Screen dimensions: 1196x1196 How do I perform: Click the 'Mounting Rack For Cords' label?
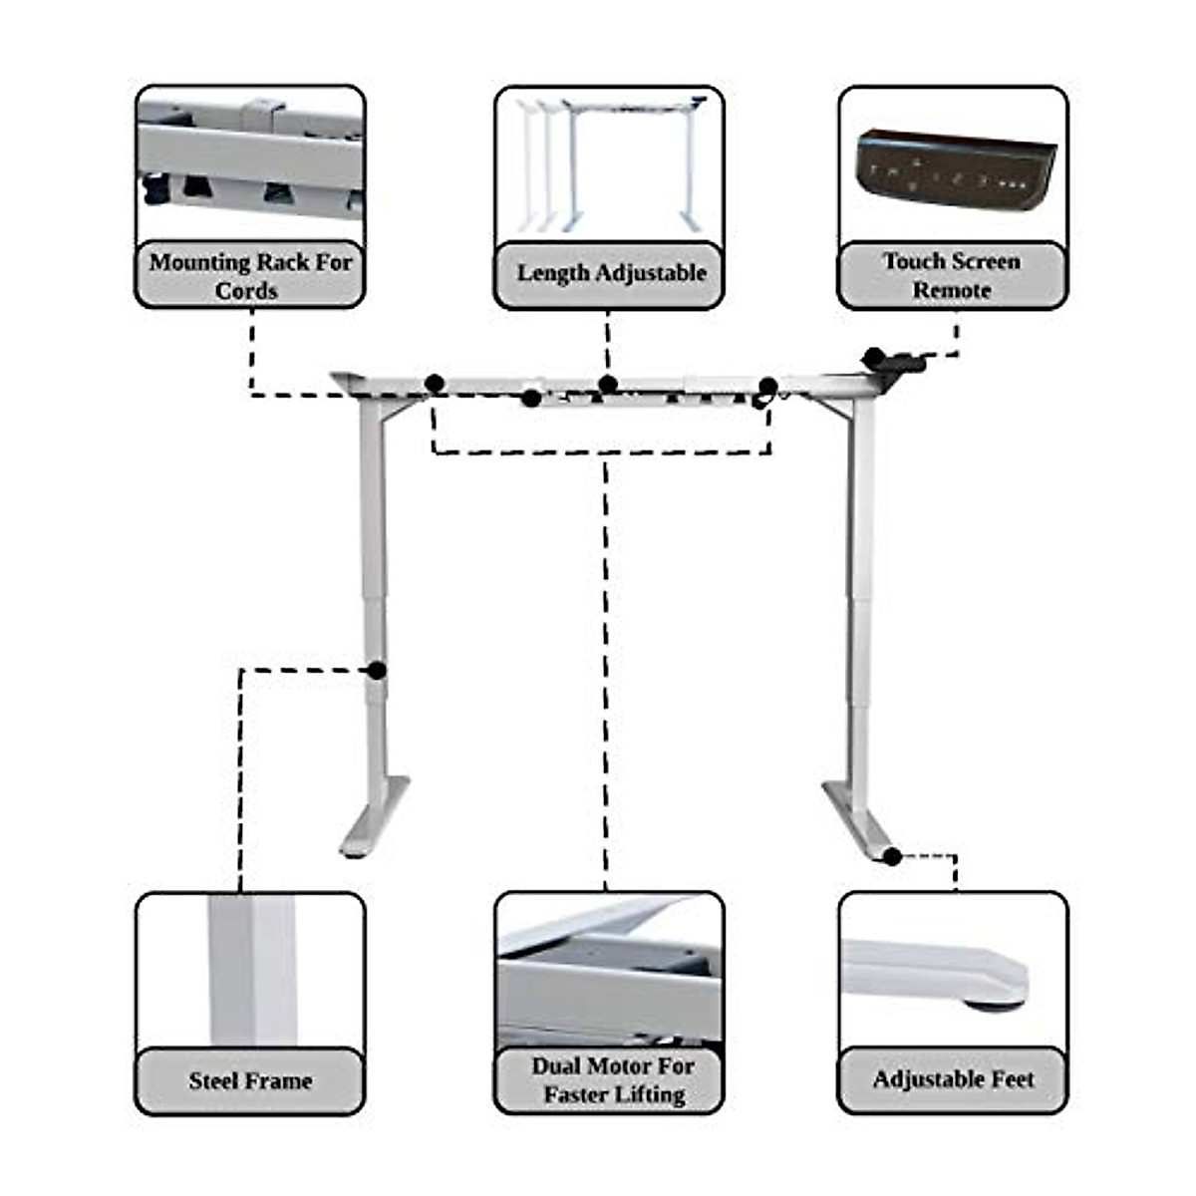tap(250, 275)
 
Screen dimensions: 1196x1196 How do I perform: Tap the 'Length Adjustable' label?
tap(610, 273)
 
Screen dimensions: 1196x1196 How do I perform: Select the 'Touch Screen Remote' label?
tap(952, 275)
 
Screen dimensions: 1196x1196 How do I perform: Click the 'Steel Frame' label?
tap(250, 1080)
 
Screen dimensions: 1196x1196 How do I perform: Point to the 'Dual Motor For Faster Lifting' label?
tap(610, 1080)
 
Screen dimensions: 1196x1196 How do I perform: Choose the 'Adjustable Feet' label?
tap(953, 1079)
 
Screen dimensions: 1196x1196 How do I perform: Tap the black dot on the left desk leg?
tap(377, 670)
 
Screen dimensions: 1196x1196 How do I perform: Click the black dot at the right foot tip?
tap(893, 856)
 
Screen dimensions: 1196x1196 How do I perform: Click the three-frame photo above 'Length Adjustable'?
tap(610, 164)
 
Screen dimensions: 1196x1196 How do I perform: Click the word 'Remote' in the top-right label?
tap(952, 290)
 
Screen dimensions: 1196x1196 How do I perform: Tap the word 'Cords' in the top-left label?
tap(246, 291)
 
